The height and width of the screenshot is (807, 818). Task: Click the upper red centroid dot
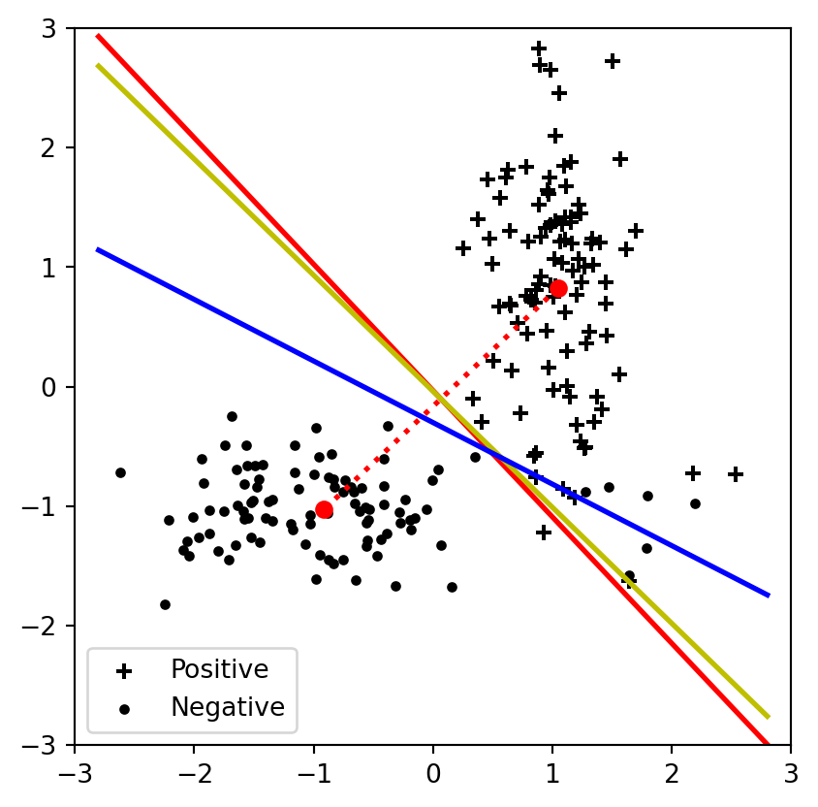click(x=558, y=288)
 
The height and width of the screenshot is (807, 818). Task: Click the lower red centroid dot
click(x=324, y=509)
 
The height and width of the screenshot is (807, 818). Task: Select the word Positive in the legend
click(x=219, y=669)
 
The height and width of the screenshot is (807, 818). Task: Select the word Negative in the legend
click(x=227, y=707)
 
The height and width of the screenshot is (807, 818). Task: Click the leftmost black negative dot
click(x=120, y=472)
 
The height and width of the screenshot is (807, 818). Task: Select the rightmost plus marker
click(x=736, y=474)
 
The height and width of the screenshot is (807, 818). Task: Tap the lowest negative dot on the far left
click(x=165, y=604)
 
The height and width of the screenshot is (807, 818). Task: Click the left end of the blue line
click(x=98, y=250)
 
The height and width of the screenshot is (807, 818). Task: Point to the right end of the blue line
click(x=768, y=595)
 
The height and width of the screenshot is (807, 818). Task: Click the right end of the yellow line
click(x=768, y=717)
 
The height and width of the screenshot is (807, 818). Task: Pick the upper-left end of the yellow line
click(x=98, y=65)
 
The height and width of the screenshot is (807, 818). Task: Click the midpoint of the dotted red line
click(x=441, y=399)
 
